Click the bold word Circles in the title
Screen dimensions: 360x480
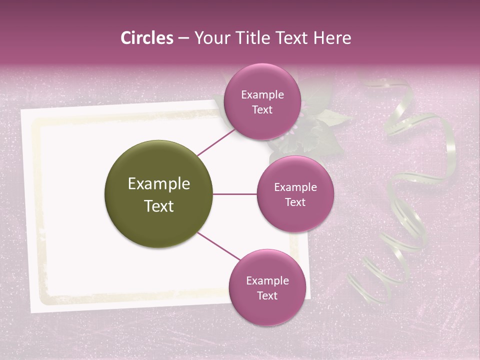pos(146,38)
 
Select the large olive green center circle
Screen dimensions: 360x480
pos(159,194)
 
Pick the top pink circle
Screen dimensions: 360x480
pos(262,101)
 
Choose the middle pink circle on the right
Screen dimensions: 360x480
pos(295,194)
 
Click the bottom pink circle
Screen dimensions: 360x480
pos(267,287)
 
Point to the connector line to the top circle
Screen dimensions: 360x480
pos(216,142)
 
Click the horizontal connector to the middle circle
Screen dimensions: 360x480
pos(235,194)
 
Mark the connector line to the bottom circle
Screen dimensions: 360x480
pos(218,246)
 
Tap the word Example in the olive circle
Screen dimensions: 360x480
pos(159,183)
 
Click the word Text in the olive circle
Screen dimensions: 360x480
pos(159,206)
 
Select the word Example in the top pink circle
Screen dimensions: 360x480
pos(262,94)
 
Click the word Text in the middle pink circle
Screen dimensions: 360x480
pos(295,202)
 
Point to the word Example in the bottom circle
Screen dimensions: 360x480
pos(267,280)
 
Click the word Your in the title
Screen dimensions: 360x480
pos(211,38)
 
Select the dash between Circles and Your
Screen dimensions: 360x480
pos(183,38)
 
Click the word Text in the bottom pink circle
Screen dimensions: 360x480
pos(267,295)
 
